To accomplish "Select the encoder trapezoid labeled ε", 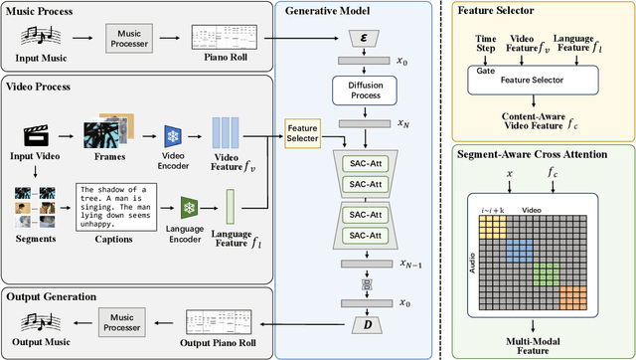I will tap(364, 37).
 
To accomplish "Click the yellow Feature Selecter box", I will tap(301, 133).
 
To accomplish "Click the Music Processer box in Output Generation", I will tap(126, 320).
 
